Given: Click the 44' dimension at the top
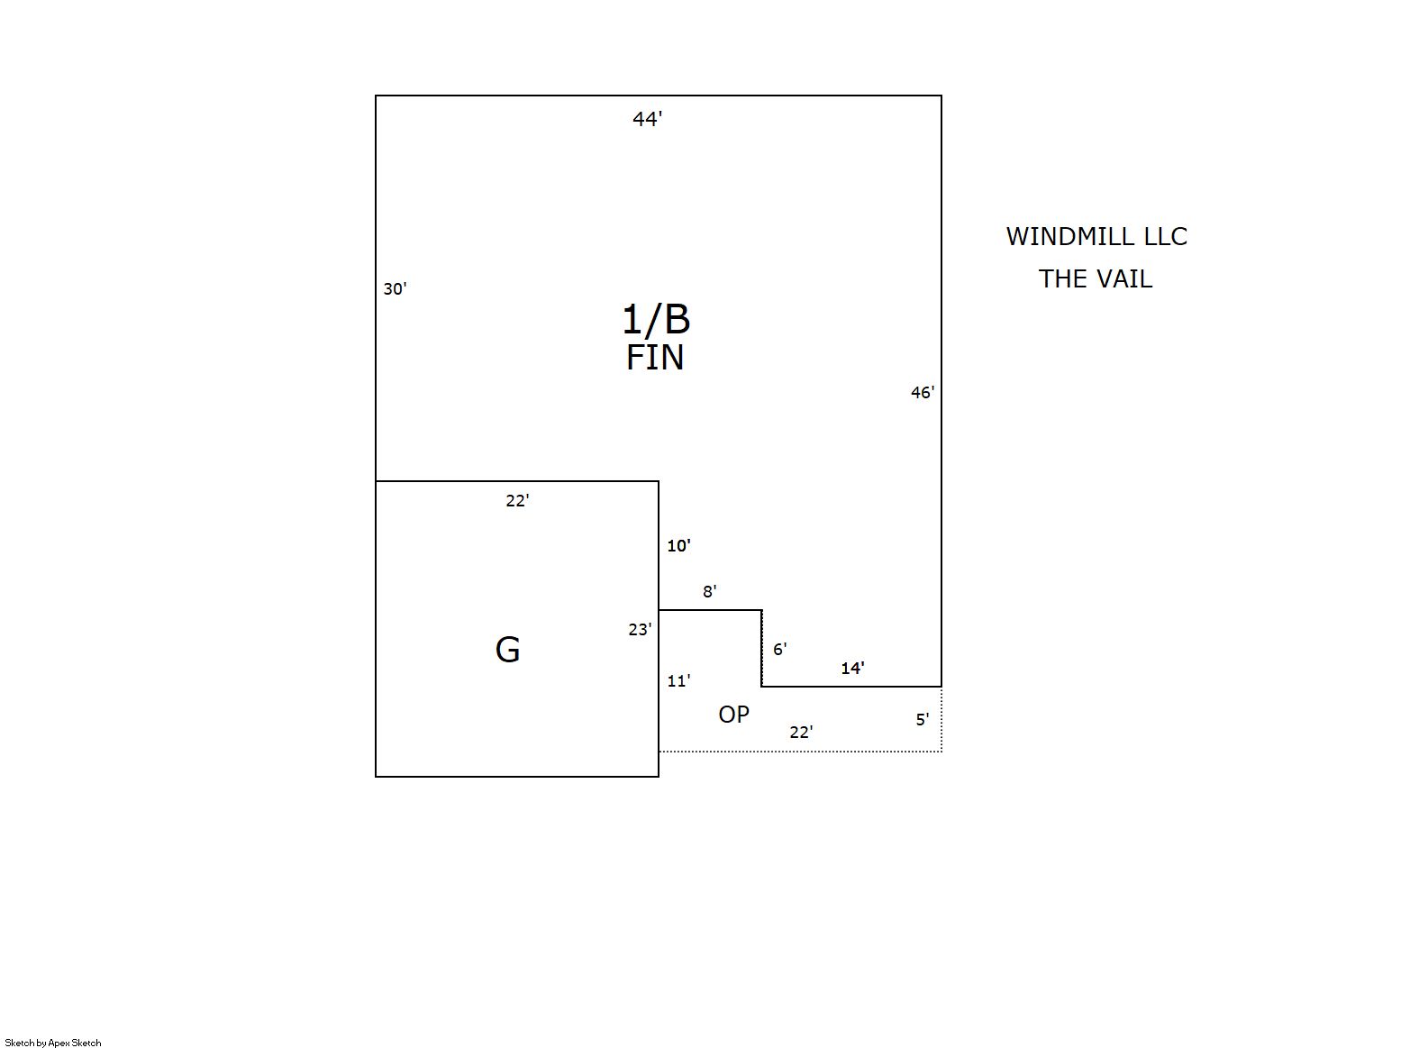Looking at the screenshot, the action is (x=647, y=119).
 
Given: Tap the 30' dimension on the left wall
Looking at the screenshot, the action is (x=395, y=288).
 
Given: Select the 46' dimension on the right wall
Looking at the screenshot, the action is (x=923, y=393).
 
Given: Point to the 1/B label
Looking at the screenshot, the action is (x=656, y=319).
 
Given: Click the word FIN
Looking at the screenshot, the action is (x=655, y=358).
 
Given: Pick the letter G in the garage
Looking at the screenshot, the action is (x=507, y=651).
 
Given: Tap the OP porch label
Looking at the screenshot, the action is (x=733, y=715).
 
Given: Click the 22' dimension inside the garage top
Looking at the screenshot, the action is (x=518, y=501).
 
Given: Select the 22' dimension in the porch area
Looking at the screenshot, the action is (x=801, y=733).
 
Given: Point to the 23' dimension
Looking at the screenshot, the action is (x=640, y=630).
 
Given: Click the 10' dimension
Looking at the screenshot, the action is (x=679, y=546).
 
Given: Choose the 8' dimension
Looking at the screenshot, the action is (x=710, y=591).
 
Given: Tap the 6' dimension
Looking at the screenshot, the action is (x=779, y=649).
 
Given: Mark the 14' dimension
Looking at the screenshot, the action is (x=853, y=668).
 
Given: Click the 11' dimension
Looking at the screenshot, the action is (x=679, y=681).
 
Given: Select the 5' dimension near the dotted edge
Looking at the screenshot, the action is (x=923, y=719).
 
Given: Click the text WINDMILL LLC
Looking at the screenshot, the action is (x=1096, y=236).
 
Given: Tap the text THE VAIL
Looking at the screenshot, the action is (x=1096, y=278).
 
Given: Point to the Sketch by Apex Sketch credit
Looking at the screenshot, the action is (x=53, y=1043).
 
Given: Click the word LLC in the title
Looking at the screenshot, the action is (x=1165, y=236).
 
